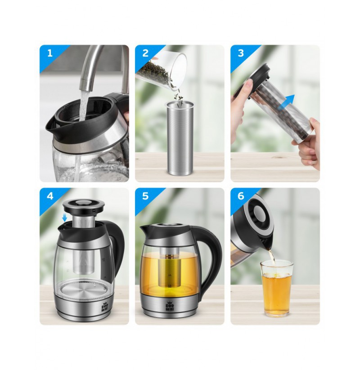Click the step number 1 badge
coord(49,53)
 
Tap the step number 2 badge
coord(145,53)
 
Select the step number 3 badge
coord(241,53)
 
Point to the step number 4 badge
coord(50,196)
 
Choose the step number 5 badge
coord(145,196)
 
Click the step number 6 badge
coord(241,196)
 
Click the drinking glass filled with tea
coord(277,288)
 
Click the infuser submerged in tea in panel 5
coord(169,267)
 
